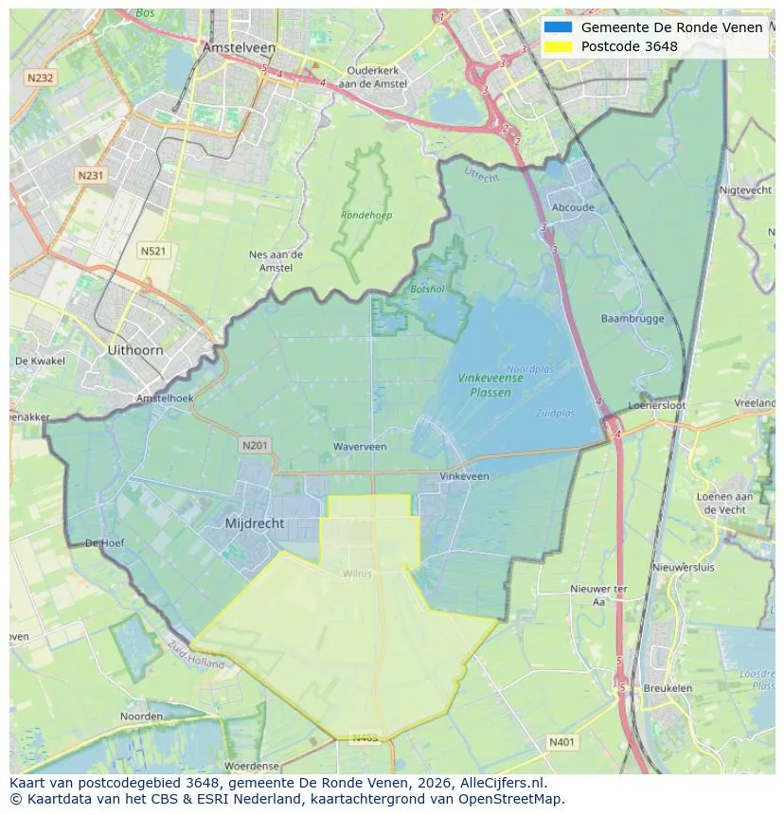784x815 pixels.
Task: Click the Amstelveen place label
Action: (239, 47)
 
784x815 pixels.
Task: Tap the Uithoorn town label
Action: (135, 349)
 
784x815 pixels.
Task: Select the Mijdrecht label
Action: (255, 523)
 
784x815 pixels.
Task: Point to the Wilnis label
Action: (358, 574)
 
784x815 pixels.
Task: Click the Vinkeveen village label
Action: (465, 476)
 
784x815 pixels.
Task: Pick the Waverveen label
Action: (360, 446)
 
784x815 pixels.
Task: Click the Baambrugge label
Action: (633, 319)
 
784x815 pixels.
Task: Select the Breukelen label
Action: (667, 688)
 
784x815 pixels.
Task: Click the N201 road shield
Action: (255, 445)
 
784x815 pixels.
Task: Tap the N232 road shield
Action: (40, 79)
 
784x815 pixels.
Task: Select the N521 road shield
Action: (152, 250)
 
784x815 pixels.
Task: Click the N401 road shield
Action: (561, 743)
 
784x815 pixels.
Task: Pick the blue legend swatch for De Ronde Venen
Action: (558, 27)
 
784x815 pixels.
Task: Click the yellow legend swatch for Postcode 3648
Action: (558, 46)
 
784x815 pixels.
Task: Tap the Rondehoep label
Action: (366, 216)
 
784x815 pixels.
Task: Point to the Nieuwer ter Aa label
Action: (598, 594)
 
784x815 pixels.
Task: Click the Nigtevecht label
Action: (747, 190)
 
